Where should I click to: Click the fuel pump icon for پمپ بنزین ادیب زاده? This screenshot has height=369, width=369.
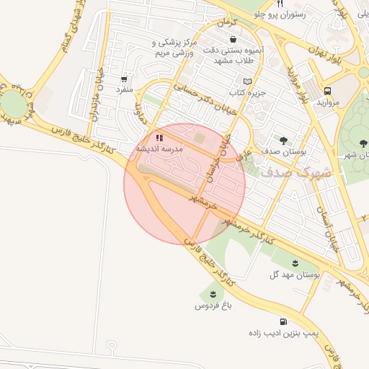click(283, 321)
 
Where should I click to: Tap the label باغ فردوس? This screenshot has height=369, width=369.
click(212, 306)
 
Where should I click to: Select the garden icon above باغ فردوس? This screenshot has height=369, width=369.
click(213, 293)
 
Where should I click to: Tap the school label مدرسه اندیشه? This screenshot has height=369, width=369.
click(161, 148)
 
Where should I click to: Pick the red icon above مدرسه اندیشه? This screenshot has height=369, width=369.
click(159, 136)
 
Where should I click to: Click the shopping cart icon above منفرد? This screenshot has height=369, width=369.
click(125, 79)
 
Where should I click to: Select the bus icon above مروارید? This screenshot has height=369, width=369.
click(328, 91)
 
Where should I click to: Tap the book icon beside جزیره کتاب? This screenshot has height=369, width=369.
click(249, 81)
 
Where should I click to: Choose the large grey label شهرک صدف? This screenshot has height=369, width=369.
click(296, 173)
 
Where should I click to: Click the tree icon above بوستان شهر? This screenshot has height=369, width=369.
click(363, 143)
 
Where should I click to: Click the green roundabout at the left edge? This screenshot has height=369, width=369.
click(12, 105)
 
